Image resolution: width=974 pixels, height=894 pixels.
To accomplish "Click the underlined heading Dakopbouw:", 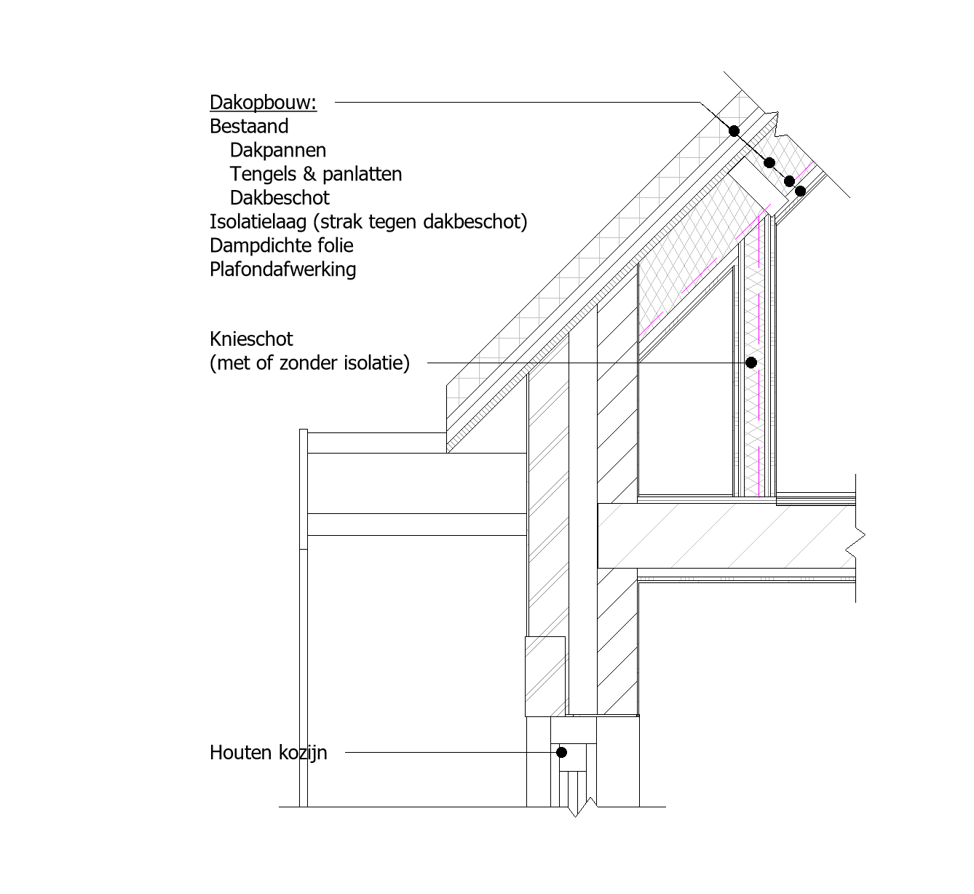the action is (x=263, y=103).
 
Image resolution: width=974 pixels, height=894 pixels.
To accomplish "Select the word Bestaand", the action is (x=249, y=126).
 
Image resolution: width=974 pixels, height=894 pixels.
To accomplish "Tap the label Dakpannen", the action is (x=278, y=151).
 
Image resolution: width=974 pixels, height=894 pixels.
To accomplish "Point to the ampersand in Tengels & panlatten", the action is (x=309, y=174).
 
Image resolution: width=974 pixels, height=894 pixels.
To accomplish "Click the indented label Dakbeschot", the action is (x=280, y=197).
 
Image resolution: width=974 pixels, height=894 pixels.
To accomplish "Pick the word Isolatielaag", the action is (x=258, y=221).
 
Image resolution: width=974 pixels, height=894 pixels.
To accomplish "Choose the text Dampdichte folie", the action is (x=281, y=245).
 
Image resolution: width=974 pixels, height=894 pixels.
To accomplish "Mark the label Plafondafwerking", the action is (x=282, y=269).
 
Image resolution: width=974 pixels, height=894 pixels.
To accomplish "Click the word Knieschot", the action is (x=251, y=339).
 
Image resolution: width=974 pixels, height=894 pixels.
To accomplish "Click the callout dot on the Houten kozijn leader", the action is (x=561, y=752).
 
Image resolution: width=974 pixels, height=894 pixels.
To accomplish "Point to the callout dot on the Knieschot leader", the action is (x=751, y=363).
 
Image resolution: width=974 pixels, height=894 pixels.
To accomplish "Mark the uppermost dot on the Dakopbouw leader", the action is (x=735, y=131).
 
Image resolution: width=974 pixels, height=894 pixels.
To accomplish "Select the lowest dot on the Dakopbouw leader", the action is (x=800, y=191).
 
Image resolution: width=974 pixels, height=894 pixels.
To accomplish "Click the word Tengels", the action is (x=263, y=174).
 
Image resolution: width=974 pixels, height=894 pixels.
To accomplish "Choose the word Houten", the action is (x=240, y=753).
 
